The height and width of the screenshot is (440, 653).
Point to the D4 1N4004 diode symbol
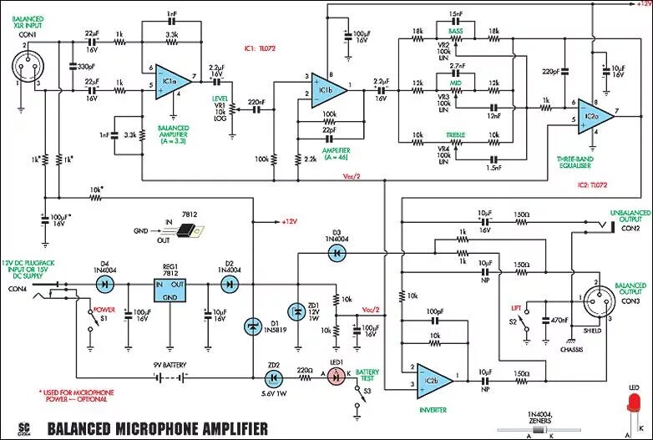pyautogui.click(x=105, y=283)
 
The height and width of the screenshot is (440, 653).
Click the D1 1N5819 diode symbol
pyautogui.click(x=252, y=326)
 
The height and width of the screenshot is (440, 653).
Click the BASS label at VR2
pyautogui.click(x=455, y=30)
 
